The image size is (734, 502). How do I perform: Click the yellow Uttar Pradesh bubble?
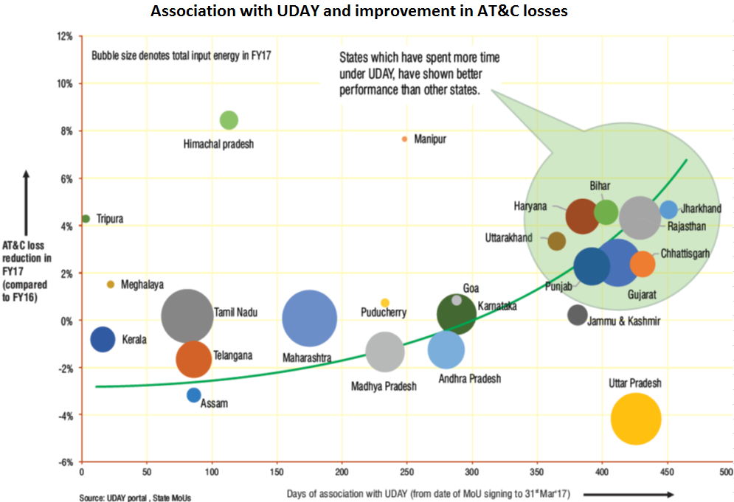click(635, 419)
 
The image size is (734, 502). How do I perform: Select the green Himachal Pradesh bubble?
click(229, 120)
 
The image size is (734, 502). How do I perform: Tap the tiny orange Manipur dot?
click(404, 139)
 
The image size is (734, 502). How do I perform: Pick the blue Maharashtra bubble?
click(310, 318)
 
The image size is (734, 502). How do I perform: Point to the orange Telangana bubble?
click(194, 359)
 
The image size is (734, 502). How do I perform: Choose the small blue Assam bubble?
click(193, 395)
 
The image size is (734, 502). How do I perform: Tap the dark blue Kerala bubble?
click(103, 339)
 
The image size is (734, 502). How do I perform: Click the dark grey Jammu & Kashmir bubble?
click(578, 315)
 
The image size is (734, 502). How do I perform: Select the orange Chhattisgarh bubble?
click(643, 264)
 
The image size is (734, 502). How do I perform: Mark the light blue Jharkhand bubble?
click(668, 209)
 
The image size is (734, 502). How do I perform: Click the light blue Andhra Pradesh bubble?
click(446, 349)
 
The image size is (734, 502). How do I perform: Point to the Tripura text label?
click(110, 219)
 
